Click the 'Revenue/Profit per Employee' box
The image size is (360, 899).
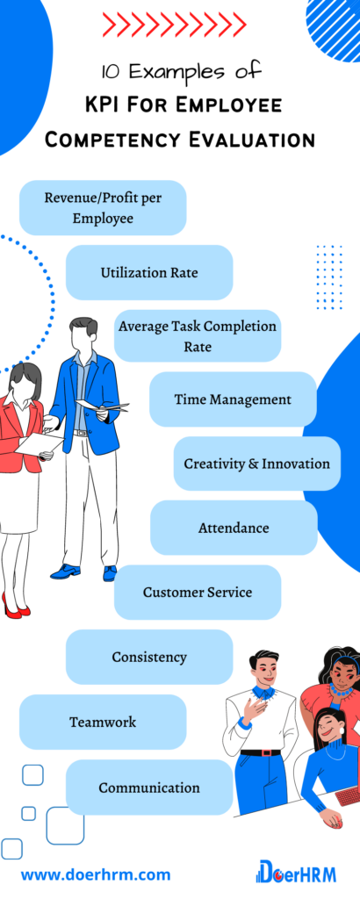tap(103, 207)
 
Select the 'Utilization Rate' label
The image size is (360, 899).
tap(149, 272)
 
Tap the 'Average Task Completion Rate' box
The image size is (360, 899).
tap(198, 336)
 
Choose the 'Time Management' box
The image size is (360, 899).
tap(233, 399)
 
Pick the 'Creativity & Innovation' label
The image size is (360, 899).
tap(256, 464)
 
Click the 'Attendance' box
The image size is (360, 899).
tap(234, 528)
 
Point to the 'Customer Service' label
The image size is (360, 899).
tap(198, 592)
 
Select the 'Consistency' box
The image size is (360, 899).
tap(149, 657)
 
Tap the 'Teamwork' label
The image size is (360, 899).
tap(103, 722)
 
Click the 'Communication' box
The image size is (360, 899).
tap(149, 788)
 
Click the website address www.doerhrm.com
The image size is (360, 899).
tap(96, 875)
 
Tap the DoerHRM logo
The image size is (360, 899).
tap(297, 872)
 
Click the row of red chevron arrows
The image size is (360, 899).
tap(174, 25)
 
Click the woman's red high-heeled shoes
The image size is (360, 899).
tap(16, 607)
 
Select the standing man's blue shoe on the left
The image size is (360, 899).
tap(65, 571)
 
